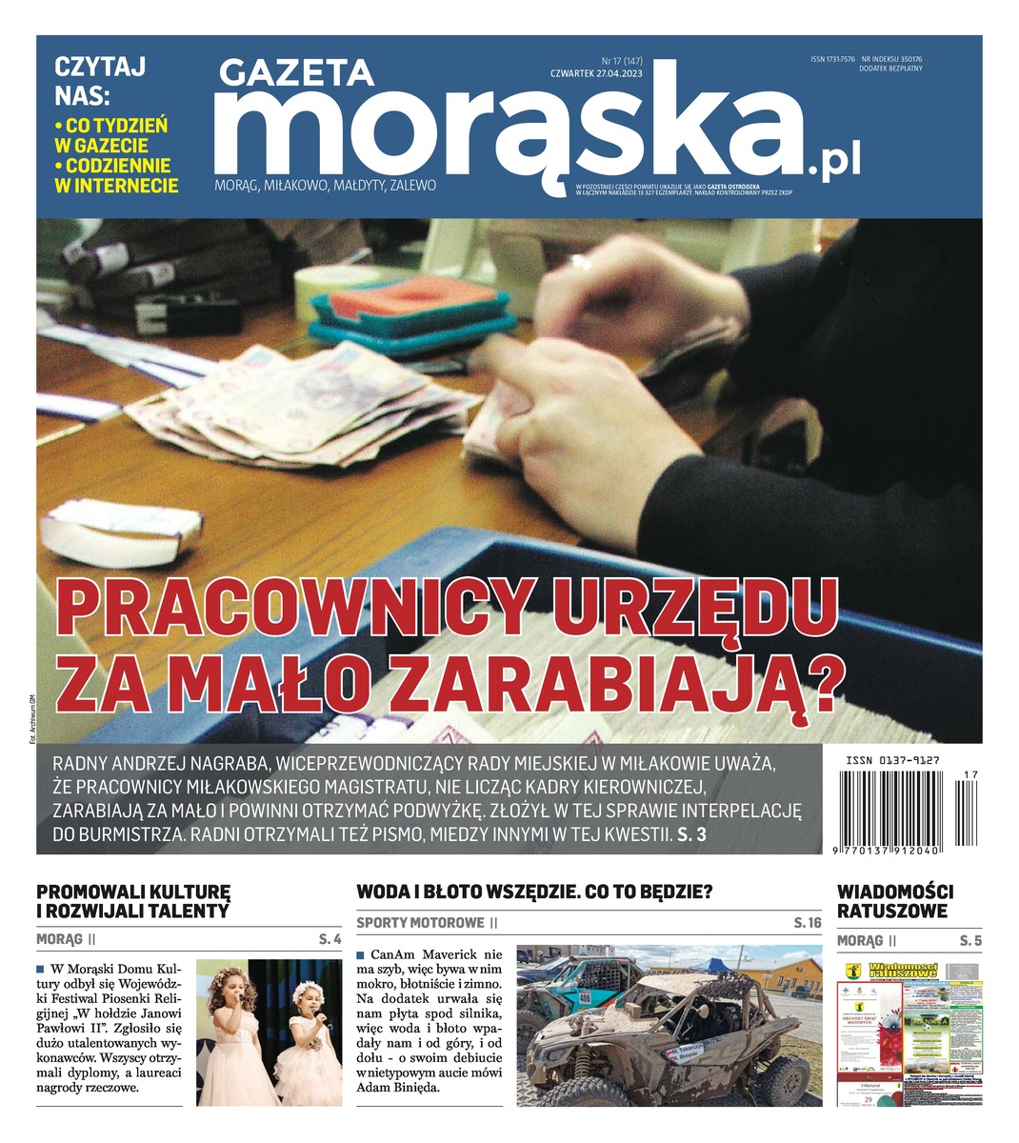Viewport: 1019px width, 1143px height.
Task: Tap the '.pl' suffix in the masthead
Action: (834, 162)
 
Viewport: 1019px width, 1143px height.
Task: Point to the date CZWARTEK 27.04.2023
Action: (596, 72)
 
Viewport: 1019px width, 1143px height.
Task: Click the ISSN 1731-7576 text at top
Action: (832, 59)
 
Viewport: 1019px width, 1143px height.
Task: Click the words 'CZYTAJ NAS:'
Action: (99, 81)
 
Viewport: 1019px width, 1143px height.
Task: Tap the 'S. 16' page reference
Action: (807, 923)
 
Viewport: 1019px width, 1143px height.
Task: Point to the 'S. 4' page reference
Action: (330, 940)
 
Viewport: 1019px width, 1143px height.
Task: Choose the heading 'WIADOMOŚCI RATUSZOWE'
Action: (894, 901)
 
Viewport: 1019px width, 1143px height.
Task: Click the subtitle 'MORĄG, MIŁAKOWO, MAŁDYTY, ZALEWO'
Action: (325, 186)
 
